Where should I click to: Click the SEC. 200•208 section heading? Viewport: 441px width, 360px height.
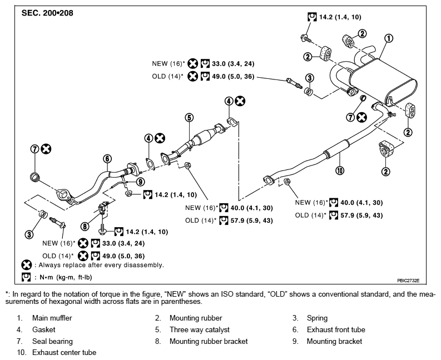point(47,13)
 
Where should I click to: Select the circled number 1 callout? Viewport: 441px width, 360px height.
point(388,38)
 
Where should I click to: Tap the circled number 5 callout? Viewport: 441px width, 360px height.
point(189,117)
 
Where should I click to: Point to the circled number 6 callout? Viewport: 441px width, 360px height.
point(107,159)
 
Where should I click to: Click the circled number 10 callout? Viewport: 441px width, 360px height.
point(340,170)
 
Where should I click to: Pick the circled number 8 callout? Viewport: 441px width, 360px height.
point(85,226)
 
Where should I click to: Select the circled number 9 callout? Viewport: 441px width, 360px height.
point(140,182)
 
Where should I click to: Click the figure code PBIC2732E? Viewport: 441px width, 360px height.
point(408,281)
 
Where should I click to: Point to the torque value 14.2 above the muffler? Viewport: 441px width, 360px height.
point(326,17)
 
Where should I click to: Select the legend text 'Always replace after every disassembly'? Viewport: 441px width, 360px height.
point(101,265)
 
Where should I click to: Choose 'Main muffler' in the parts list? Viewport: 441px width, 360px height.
point(52,318)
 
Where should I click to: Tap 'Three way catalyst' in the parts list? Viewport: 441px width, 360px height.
point(200,329)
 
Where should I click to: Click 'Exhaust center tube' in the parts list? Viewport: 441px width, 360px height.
point(64,352)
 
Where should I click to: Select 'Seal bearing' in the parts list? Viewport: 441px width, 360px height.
point(52,342)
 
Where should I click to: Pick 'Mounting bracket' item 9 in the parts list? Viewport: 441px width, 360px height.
point(334,342)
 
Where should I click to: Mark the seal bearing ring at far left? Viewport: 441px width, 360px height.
point(35,177)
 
